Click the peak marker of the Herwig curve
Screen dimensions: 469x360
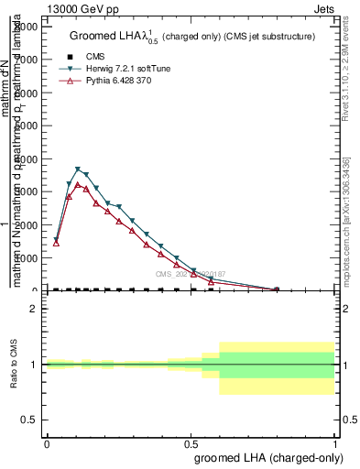point(78,169)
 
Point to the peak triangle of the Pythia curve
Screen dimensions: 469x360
point(78,184)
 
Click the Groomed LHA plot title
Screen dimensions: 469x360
point(192,37)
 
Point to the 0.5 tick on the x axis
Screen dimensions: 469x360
point(191,443)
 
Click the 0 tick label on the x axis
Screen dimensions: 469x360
point(47,443)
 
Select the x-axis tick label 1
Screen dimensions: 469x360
point(336,443)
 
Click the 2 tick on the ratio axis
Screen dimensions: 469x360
point(33,310)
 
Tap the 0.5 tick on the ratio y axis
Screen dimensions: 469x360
point(27,420)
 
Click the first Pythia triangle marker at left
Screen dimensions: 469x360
point(56,243)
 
